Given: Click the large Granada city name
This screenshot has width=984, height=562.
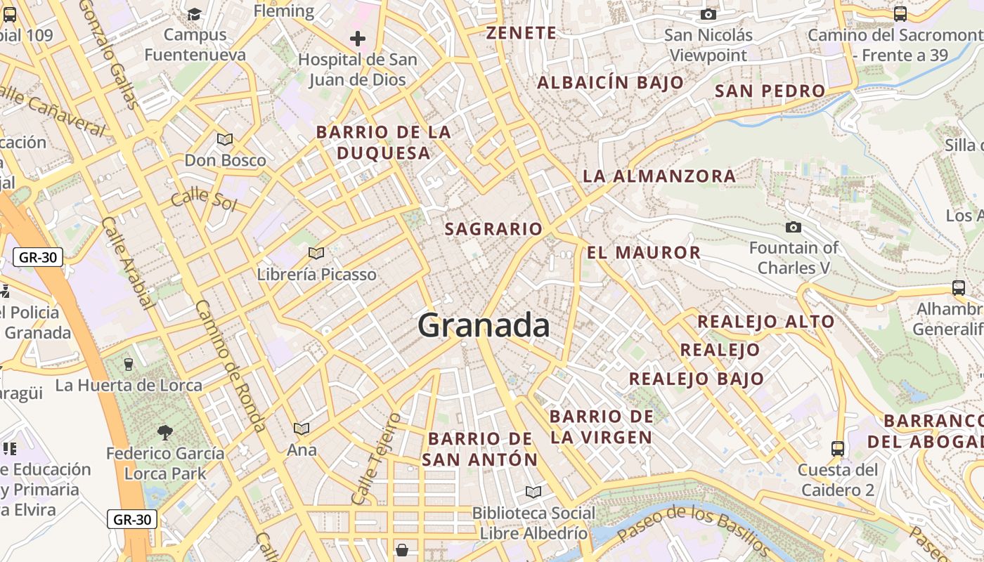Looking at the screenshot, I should [484, 326].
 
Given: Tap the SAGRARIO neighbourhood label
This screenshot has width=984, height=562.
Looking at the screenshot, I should [493, 229].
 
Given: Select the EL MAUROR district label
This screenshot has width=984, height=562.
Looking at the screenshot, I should [644, 253].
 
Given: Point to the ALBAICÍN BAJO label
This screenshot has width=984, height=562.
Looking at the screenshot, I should [610, 83].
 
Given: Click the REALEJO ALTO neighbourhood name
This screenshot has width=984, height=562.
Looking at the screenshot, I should [765, 322].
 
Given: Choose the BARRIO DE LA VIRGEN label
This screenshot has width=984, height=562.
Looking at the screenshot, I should [601, 427].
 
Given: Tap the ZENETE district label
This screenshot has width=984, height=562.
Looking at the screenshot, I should [522, 33].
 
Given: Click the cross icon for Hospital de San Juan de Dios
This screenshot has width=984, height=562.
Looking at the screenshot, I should [358, 39].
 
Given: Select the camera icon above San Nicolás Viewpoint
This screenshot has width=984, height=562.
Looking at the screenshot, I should [708, 14].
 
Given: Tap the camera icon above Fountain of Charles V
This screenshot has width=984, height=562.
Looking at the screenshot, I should [794, 227].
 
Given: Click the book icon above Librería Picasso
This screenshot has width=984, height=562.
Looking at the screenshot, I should [316, 253].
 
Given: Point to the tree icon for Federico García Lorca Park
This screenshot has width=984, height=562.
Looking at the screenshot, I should [165, 432].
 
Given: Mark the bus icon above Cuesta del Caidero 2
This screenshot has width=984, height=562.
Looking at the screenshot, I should [838, 448].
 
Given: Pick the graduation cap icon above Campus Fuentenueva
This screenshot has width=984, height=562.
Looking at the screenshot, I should [195, 14].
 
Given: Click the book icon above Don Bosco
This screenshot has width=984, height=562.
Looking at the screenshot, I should [225, 139].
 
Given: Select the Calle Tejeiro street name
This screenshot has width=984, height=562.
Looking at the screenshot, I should [375, 459].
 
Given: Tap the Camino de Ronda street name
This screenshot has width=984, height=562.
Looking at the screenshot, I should [231, 365].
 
